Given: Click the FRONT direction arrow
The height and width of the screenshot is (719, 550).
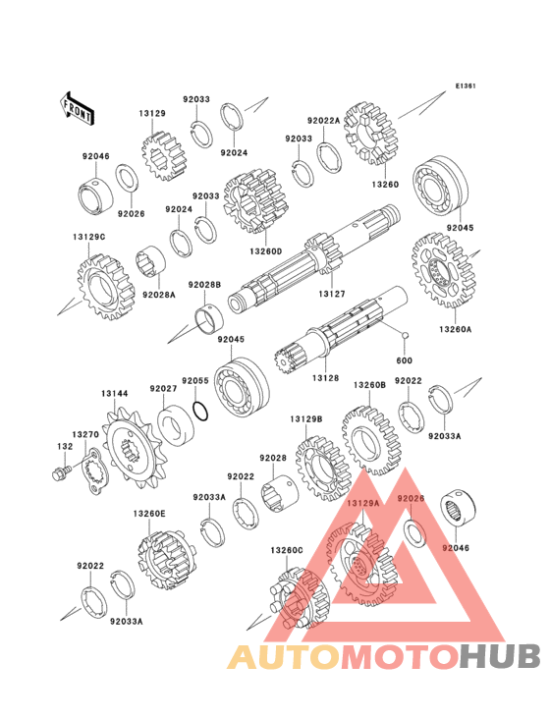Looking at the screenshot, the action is tap(77, 108).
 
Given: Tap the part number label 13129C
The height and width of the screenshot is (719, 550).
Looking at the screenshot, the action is tap(89, 237).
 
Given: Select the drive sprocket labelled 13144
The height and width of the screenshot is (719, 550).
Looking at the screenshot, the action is tap(132, 448).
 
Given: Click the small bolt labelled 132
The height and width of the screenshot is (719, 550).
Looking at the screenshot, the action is tap(61, 472).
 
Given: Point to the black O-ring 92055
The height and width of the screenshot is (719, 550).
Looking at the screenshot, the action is tap(200, 411).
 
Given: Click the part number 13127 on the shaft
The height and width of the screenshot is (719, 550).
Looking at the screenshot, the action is tap(332, 294).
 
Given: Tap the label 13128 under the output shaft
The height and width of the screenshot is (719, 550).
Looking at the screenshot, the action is tap(325, 378).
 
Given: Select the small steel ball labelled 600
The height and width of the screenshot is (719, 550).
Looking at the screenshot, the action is tap(405, 335).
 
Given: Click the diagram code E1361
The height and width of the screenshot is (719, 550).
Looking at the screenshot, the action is tap(466, 85).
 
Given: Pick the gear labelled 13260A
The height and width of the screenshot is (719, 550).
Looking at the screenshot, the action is tap(443, 270).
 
